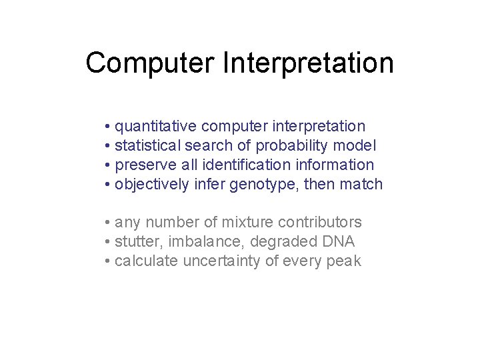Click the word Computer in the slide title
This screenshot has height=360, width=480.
[x=150, y=63]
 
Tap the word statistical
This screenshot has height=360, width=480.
[x=147, y=145]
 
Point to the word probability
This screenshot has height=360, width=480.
[x=303, y=145]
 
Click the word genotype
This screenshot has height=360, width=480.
[x=264, y=185]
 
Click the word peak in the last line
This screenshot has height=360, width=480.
[x=344, y=261]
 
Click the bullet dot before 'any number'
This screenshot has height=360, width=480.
[x=107, y=223]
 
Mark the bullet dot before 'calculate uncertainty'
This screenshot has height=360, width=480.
[x=107, y=261]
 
